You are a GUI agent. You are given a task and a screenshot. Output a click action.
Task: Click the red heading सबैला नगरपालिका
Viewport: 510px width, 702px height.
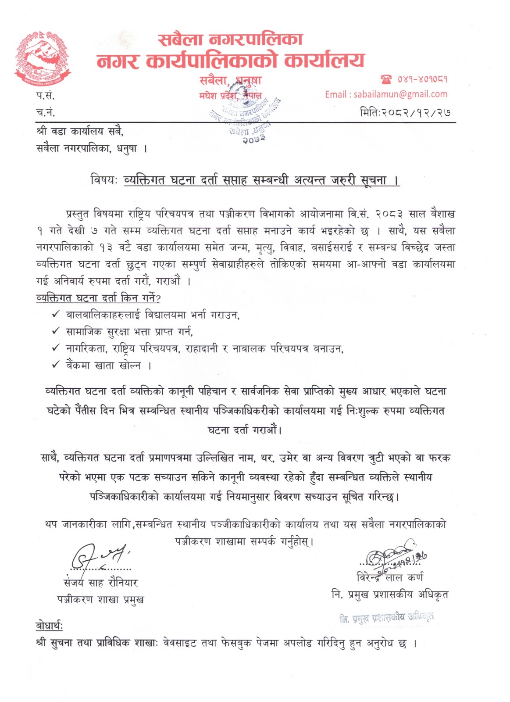pos(231,39)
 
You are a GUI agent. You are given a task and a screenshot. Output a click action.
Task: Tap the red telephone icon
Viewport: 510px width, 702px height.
pos(386,79)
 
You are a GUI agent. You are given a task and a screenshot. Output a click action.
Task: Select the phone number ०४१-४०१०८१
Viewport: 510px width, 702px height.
pos(422,79)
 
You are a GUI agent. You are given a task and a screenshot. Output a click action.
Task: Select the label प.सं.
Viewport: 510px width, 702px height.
pos(45,95)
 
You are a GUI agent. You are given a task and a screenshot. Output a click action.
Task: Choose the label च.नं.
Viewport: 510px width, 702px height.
pos(45,112)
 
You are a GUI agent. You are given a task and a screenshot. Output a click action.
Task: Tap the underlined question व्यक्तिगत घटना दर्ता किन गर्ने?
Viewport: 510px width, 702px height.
pos(98,298)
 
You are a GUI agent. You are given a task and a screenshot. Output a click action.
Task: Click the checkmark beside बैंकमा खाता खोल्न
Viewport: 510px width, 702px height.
pos(56,365)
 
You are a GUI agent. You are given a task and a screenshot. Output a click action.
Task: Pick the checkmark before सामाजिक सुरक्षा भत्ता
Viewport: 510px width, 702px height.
pos(56,331)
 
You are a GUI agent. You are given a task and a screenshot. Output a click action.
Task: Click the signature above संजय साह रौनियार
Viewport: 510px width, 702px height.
pos(99,556)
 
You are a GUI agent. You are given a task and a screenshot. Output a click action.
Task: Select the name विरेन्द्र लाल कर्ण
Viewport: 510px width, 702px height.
pos(390,578)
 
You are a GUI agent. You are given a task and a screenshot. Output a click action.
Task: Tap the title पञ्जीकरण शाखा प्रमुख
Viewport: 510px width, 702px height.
pos(100,599)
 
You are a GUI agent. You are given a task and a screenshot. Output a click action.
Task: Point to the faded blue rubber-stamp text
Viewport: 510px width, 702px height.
pos(386,618)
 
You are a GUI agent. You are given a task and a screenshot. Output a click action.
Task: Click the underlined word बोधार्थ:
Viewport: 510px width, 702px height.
pos(49,626)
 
